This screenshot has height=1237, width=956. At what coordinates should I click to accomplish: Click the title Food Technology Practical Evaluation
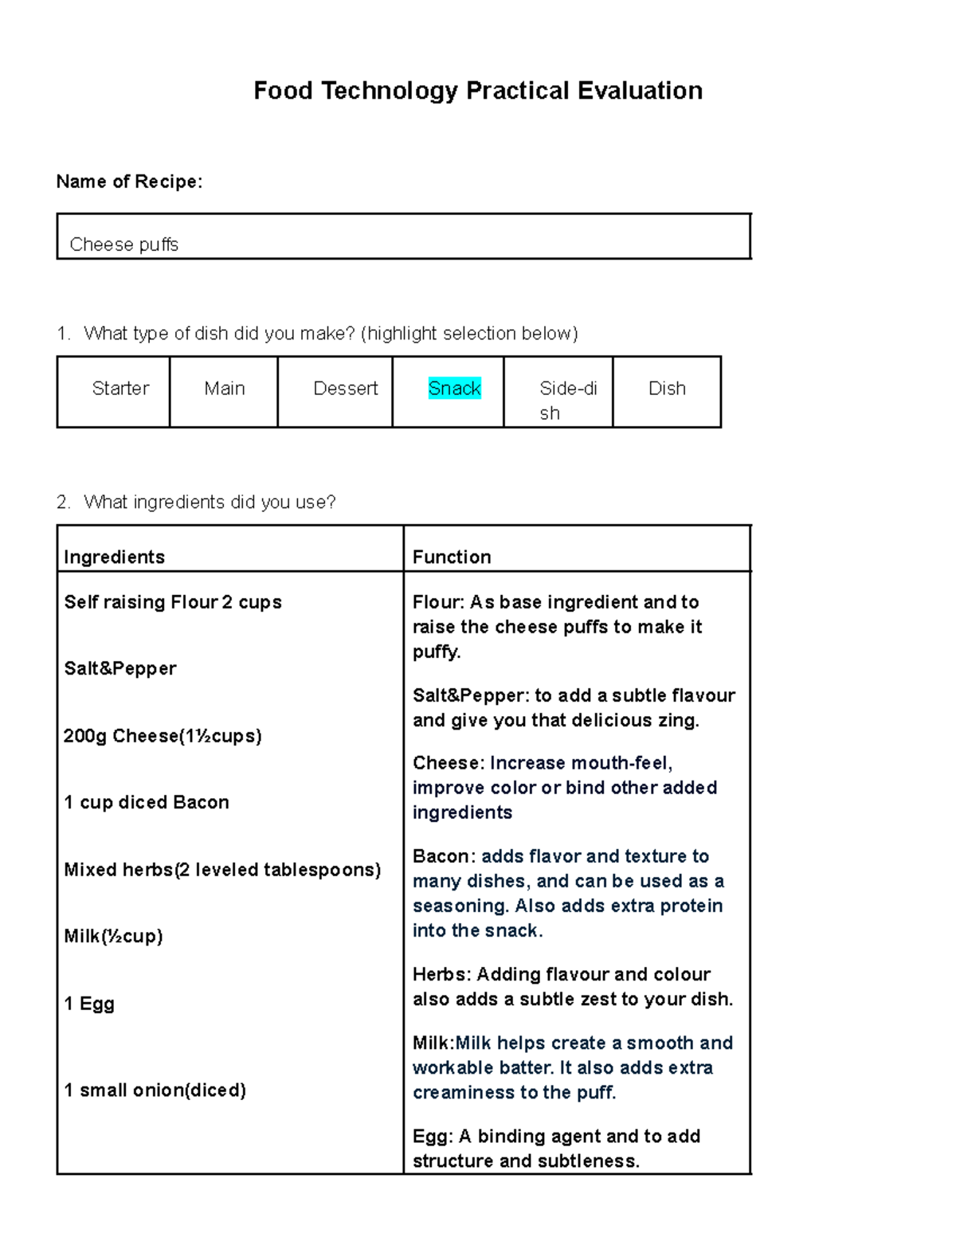pos(477,91)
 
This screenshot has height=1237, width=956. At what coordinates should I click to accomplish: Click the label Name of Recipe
pos(129,182)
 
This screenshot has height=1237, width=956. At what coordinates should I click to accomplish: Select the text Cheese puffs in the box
pos(124,245)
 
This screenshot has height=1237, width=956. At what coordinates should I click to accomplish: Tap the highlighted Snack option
pos(454,389)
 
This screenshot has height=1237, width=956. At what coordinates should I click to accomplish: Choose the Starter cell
pos(120,389)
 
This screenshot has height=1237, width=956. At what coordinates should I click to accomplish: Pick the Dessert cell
pos(345,389)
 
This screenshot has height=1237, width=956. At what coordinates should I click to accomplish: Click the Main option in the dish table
pos(224,389)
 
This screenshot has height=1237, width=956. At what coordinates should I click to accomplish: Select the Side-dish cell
pos(567,400)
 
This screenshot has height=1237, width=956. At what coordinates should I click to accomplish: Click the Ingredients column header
pos(114,557)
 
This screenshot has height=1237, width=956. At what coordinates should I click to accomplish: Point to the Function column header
pos(452,557)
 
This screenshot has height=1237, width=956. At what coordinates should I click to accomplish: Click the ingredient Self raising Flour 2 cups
pos(173,602)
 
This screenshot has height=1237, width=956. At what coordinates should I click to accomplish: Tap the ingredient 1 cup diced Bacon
pos(147,802)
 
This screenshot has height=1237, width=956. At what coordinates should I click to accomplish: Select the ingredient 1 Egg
pos(89,1004)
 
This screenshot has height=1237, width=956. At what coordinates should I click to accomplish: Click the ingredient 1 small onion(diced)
pos(155,1090)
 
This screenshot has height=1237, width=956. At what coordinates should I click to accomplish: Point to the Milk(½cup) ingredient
pos(113,936)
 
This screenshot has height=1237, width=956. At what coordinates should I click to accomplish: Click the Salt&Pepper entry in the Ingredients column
pos(120,668)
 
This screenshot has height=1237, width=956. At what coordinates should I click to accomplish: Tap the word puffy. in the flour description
pos(437,652)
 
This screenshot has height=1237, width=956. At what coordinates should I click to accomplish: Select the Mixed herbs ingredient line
pos(222,870)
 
